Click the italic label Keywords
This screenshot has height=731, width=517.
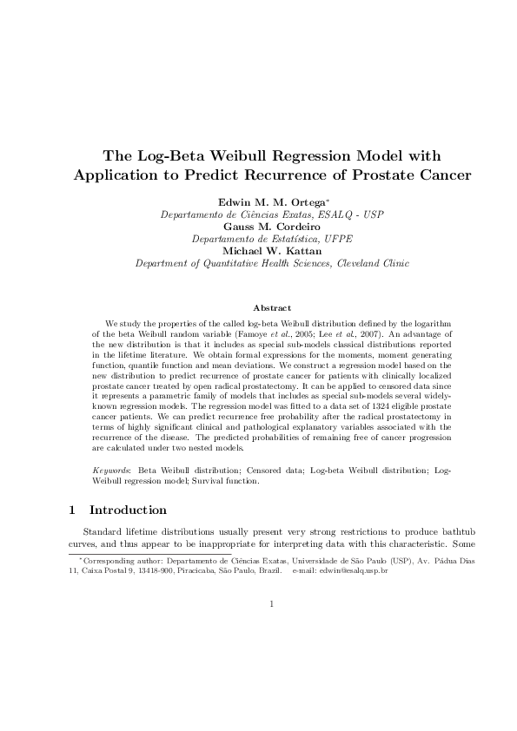click(x=110, y=470)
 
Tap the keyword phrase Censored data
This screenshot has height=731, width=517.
click(x=258, y=470)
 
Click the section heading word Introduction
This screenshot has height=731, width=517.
click(x=128, y=510)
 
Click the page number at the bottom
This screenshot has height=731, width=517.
click(x=272, y=605)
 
